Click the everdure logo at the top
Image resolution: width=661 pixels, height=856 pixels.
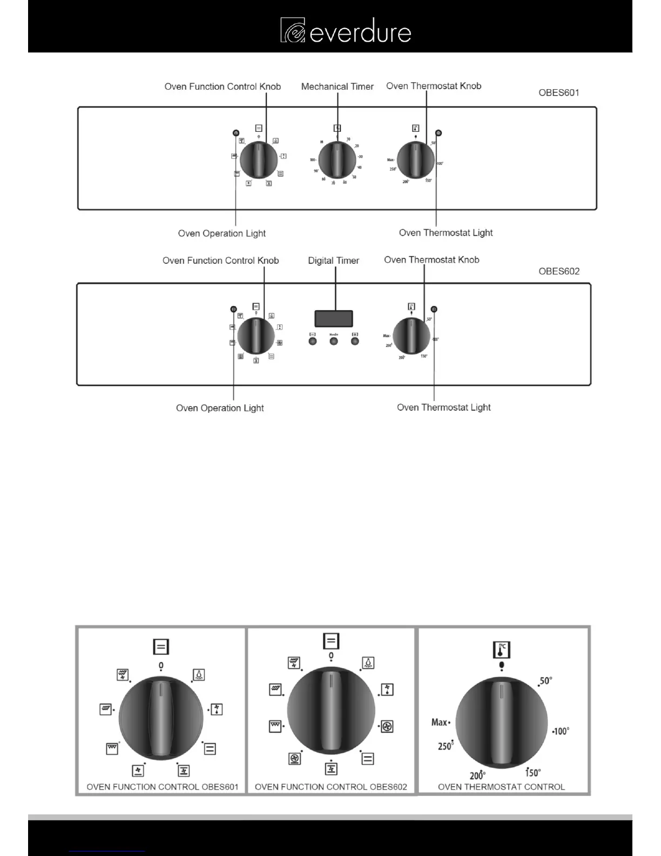pyautogui.click(x=346, y=30)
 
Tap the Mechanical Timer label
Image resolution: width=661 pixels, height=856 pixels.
pyautogui.click(x=337, y=86)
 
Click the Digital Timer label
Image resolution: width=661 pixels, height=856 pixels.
pyautogui.click(x=333, y=260)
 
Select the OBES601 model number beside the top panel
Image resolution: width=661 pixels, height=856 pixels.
pyautogui.click(x=558, y=92)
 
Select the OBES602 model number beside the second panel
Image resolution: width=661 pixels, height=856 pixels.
pyautogui.click(x=558, y=271)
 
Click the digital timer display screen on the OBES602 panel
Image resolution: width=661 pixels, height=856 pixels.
pyautogui.click(x=334, y=319)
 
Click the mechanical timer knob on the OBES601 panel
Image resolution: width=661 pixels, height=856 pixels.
pyautogui.click(x=337, y=160)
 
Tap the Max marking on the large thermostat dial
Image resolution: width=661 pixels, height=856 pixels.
pyautogui.click(x=440, y=722)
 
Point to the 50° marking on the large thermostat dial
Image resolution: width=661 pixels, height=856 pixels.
pyautogui.click(x=545, y=681)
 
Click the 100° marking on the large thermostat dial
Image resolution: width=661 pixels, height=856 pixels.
pyautogui.click(x=561, y=731)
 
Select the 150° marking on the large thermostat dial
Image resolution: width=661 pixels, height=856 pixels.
pyautogui.click(x=532, y=773)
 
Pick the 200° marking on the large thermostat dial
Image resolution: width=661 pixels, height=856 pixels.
pyautogui.click(x=477, y=775)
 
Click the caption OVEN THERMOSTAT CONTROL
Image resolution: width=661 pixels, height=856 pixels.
pyautogui.click(x=501, y=787)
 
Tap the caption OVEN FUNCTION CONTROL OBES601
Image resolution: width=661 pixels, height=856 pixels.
pyautogui.click(x=162, y=787)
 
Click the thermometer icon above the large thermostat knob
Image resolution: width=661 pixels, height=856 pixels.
pyautogui.click(x=501, y=650)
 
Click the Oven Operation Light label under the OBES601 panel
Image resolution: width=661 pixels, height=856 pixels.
pyautogui.click(x=221, y=233)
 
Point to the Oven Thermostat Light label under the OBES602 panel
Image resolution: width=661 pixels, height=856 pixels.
pyautogui.click(x=443, y=407)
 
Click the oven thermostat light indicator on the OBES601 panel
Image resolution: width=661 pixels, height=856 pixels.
pyautogui.click(x=438, y=133)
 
